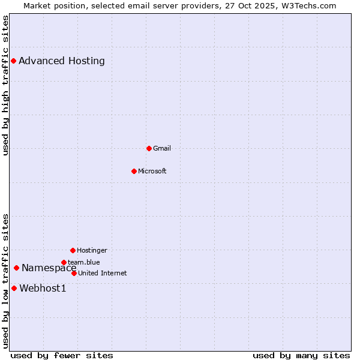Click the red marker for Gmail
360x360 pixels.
(149, 148)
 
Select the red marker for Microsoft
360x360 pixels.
(134, 171)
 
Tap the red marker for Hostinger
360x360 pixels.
(73, 250)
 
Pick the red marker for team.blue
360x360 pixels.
(64, 262)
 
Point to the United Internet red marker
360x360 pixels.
(74, 273)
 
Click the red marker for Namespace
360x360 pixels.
(16, 268)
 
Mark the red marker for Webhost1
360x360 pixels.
(14, 288)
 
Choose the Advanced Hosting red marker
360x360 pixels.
(13, 61)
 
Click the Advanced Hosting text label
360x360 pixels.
(62, 61)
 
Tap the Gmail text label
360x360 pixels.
(162, 148)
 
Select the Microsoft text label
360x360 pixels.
(152, 171)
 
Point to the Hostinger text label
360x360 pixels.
(92, 250)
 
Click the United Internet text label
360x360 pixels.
(103, 273)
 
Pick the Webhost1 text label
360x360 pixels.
(43, 288)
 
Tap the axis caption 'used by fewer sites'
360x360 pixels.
(62, 355)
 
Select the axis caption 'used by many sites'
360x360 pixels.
(301, 355)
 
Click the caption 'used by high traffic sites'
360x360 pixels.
(5, 85)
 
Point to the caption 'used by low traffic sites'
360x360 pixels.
(5, 281)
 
